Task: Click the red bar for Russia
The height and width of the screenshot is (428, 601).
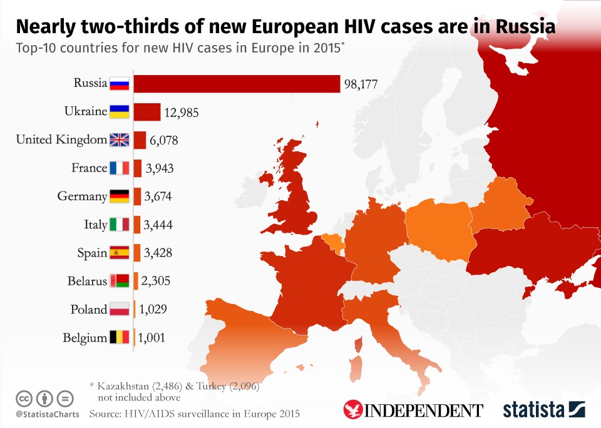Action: pos(237,83)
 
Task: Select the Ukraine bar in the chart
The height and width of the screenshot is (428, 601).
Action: pos(146,112)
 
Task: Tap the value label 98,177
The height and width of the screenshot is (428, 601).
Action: pos(360,84)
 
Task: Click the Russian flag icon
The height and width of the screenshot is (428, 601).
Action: pos(119,83)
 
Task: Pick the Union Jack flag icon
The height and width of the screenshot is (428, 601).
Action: pos(119,140)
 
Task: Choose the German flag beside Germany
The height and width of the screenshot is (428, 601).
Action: pos(119,196)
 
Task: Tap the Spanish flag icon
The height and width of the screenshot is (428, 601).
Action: pos(119,253)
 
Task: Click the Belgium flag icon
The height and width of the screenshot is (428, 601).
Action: pos(119,338)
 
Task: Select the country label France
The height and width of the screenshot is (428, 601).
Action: pos(89,168)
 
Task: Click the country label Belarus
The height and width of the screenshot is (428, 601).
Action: pos(87,282)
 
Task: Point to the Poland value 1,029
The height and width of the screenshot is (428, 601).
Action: pos(153,310)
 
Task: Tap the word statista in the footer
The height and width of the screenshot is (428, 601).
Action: pos(534,410)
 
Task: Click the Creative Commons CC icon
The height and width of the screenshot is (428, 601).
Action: pos(24,398)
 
